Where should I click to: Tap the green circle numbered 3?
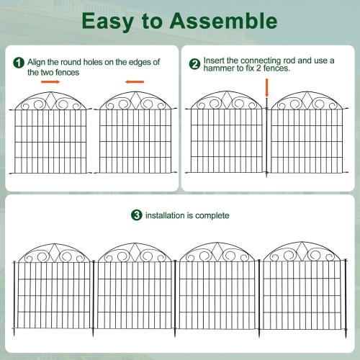pyautogui.click(x=136, y=215)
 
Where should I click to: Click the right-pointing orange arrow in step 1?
pyautogui.click(x=50, y=82)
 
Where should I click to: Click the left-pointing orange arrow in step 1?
pyautogui.click(x=135, y=82)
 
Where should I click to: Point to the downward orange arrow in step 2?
pyautogui.click(x=266, y=88)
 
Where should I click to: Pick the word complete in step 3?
pyautogui.click(x=214, y=215)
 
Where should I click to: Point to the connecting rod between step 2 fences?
pyautogui.click(x=266, y=140)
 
